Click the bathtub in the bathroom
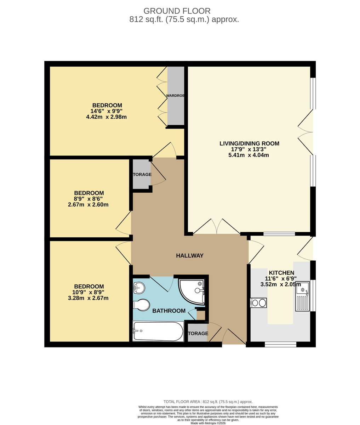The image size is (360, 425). coord(158,331)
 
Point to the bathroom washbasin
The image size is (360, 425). coord(139,288)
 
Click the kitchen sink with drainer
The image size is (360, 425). coord(302,296)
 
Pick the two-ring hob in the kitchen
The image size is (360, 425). coord(258,303)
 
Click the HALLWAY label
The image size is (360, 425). coord(190,255)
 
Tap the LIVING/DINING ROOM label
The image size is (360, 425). coord(249,143)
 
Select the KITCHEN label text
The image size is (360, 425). coord(281,273)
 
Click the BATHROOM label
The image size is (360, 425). coord(169,311)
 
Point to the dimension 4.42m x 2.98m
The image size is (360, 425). coord(107,117)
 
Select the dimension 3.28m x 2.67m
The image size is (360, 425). coord(88,298)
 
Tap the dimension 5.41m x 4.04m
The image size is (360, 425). coord(249,155)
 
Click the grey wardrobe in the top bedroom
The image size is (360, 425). coord(176,96)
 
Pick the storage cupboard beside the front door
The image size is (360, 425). coord(197,333)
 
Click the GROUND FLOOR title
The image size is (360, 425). coord(177,11)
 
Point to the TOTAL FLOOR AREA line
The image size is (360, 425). coord(208,402)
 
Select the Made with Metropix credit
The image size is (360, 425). coord(208,423)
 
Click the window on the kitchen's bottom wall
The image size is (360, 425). coord(280,344)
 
